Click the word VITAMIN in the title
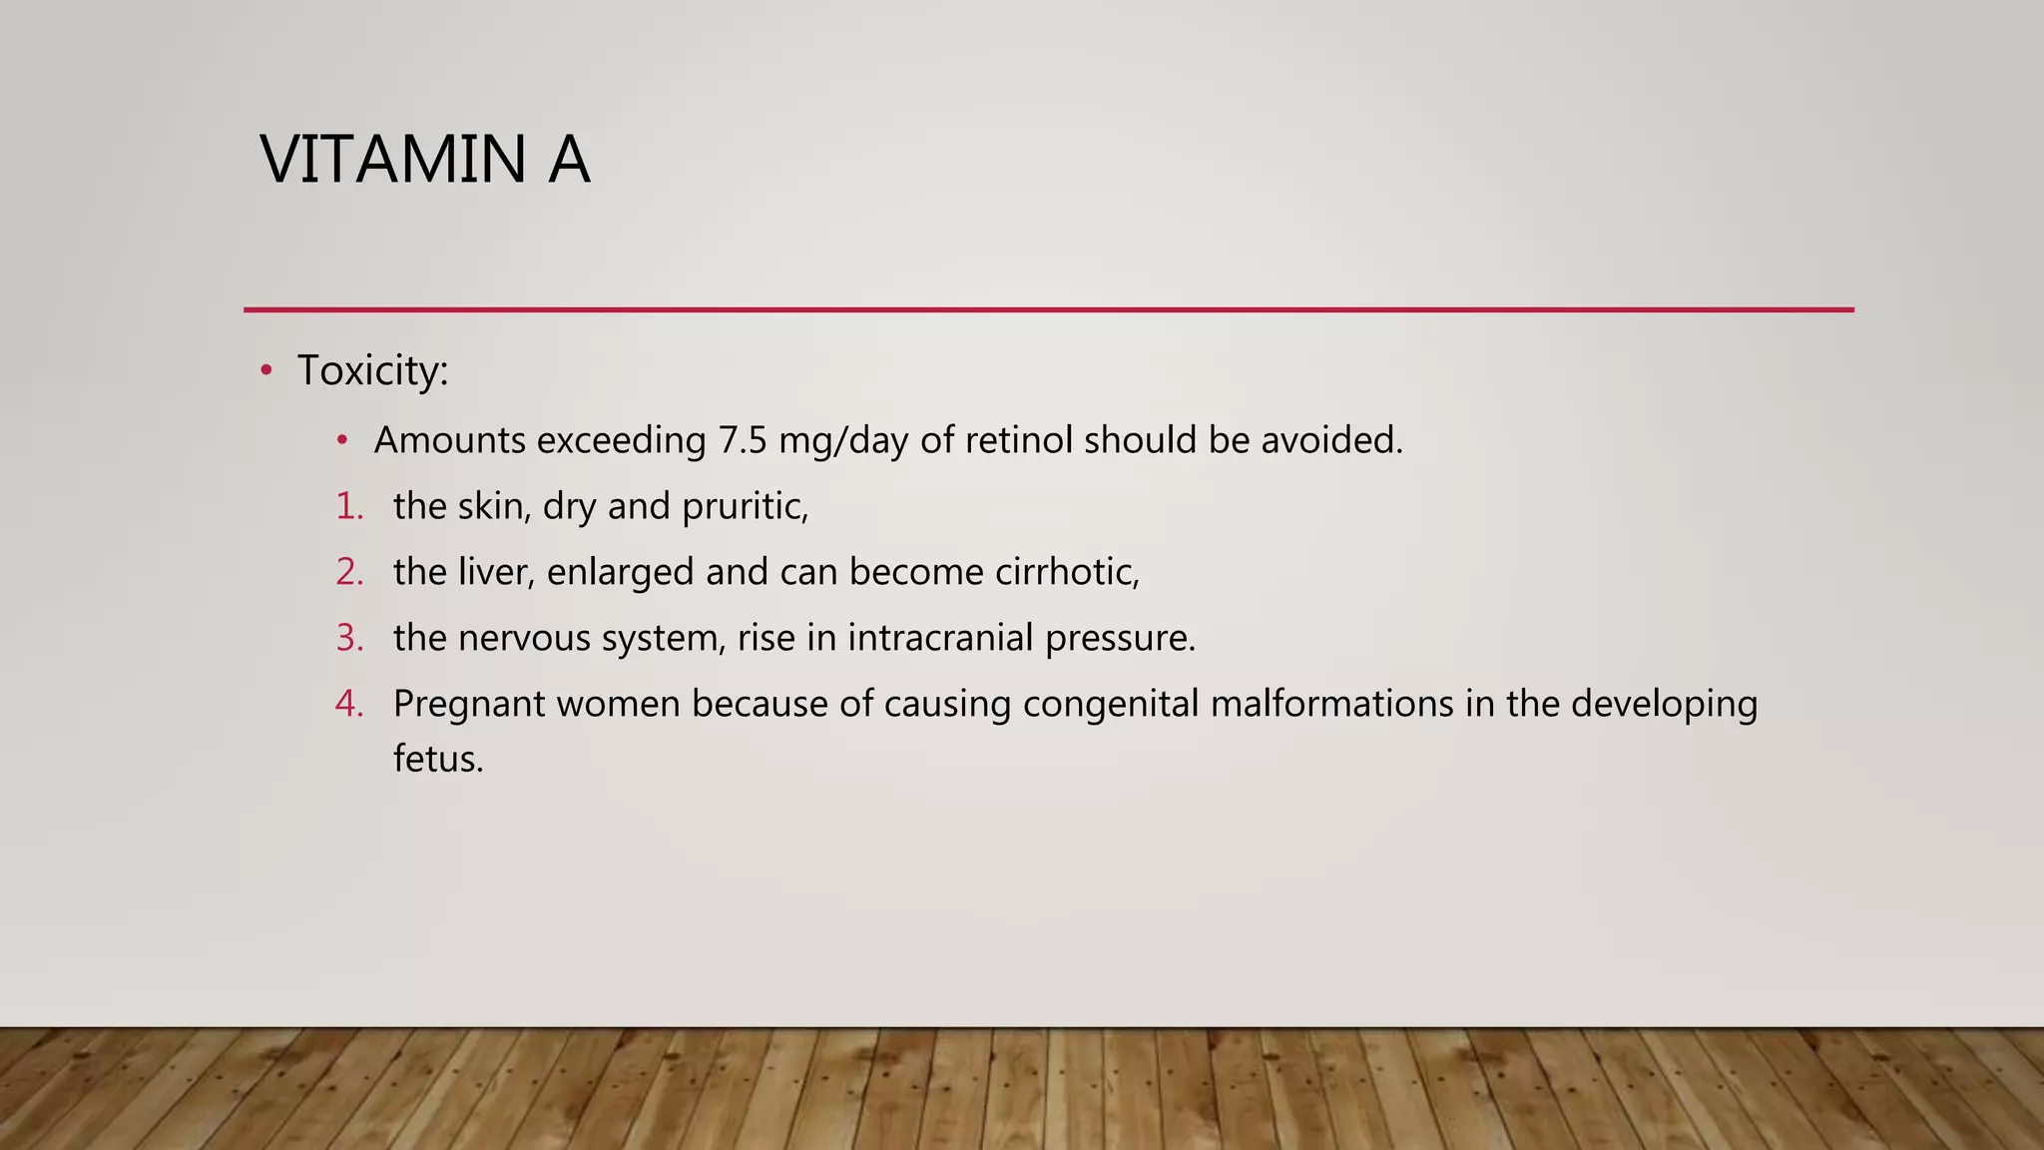pos(392,160)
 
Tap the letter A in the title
pos(569,160)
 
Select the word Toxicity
pos(372,371)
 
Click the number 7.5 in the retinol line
pos(743,440)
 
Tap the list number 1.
pos(349,506)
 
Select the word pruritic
pos(745,507)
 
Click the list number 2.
pos(349,572)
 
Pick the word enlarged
pos(620,573)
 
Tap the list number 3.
pos(349,638)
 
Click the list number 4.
pos(349,704)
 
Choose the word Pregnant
pos(469,705)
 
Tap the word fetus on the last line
pos(437,759)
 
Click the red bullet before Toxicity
pos(265,371)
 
